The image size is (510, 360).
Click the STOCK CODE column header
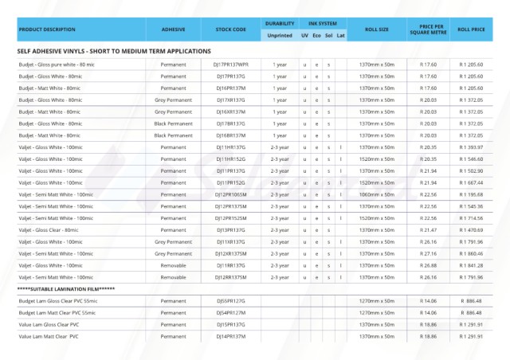230,29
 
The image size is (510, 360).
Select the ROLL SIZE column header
377,29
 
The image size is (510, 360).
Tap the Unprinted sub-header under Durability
280,36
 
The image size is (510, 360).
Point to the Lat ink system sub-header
341,36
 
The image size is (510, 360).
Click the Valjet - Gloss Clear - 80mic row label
49,229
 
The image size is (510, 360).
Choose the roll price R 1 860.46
472,253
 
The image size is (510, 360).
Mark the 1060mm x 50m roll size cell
377,194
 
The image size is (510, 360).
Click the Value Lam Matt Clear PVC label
49,336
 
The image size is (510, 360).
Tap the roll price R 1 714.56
472,217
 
